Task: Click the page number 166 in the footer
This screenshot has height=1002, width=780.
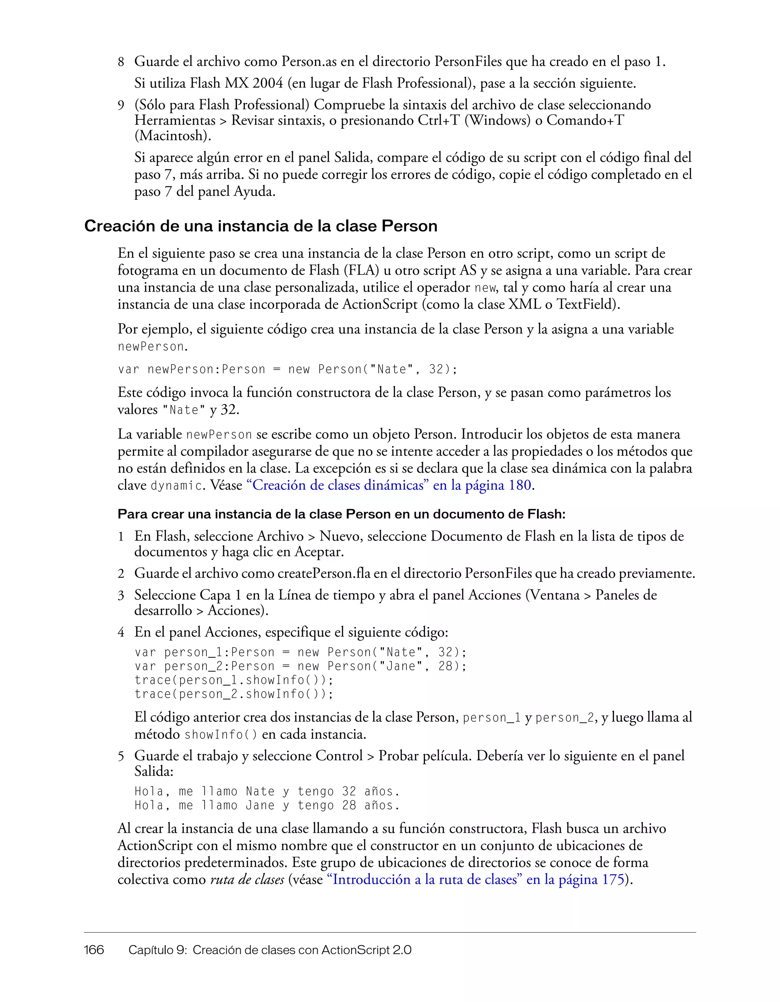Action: [94, 950]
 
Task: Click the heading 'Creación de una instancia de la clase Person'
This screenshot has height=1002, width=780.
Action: [261, 226]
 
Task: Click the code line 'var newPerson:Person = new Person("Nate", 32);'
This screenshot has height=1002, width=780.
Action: [287, 369]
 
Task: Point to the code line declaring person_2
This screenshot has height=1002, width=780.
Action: [300, 666]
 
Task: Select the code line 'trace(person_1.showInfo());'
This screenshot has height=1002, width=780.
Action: [234, 680]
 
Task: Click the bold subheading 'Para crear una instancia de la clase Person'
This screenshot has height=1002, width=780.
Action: [341, 514]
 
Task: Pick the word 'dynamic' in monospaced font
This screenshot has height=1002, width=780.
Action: [176, 486]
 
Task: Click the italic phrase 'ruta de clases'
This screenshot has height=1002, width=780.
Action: [247, 880]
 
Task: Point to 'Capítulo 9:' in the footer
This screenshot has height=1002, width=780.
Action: [158, 950]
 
